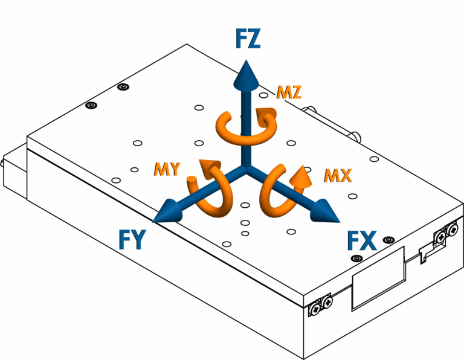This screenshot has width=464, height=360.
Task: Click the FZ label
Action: tap(248, 40)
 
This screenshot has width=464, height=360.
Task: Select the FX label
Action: tap(362, 241)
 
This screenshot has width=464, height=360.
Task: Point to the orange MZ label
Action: tap(289, 92)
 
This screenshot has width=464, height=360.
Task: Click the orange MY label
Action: tap(166, 169)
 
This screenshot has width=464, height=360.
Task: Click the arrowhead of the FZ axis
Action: tap(244, 72)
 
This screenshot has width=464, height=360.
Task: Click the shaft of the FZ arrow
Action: tap(244, 121)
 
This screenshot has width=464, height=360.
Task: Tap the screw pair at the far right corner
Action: tap(449, 231)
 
